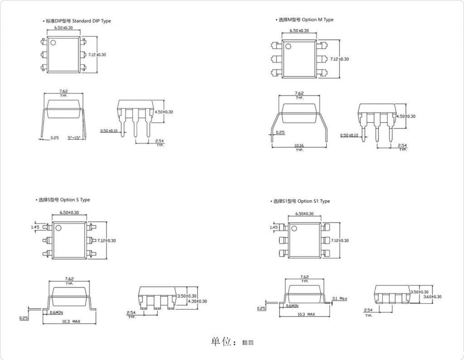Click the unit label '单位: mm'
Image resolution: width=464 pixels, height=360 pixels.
click(232, 342)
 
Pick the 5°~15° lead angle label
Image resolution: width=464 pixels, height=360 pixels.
click(74, 137)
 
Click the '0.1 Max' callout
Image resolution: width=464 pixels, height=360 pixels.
click(339, 298)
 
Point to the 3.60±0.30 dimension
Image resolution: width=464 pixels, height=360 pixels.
click(432, 297)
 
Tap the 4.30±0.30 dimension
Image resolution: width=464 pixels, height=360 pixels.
click(198, 301)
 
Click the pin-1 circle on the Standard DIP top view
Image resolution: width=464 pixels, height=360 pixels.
click(53, 43)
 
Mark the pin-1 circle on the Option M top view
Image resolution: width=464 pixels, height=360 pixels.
click(288, 45)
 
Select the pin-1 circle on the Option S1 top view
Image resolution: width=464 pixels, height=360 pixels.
click(294, 228)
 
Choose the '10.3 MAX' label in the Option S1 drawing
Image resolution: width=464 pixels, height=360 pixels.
click(306, 314)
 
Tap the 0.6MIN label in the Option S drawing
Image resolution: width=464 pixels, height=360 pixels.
click(56, 312)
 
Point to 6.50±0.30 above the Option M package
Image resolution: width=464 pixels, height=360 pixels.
click(299, 31)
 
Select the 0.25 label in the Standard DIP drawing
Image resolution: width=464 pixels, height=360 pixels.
click(54, 137)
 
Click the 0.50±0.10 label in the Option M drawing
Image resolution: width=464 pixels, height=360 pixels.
click(349, 135)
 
